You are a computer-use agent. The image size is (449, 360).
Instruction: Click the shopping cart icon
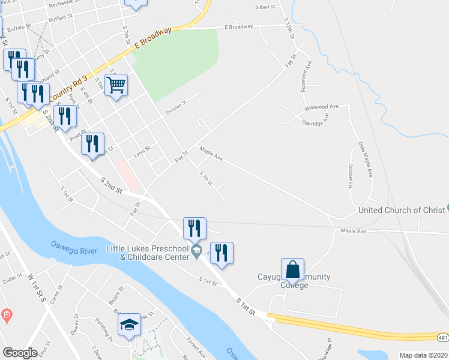(x=116, y=85)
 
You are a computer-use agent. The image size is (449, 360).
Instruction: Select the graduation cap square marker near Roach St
(x=129, y=325)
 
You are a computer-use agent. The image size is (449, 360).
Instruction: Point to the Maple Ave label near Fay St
(x=211, y=155)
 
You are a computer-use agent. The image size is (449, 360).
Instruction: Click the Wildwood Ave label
(x=322, y=106)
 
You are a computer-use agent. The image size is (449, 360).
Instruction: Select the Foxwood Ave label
(x=307, y=75)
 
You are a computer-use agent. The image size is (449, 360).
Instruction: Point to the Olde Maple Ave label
(x=366, y=160)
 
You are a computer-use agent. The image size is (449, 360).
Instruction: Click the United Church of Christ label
(x=402, y=210)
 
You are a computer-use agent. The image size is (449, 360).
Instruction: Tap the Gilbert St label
(x=265, y=7)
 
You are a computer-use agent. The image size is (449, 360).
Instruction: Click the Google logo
(x=20, y=353)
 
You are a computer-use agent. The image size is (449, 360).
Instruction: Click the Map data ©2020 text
(x=423, y=355)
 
